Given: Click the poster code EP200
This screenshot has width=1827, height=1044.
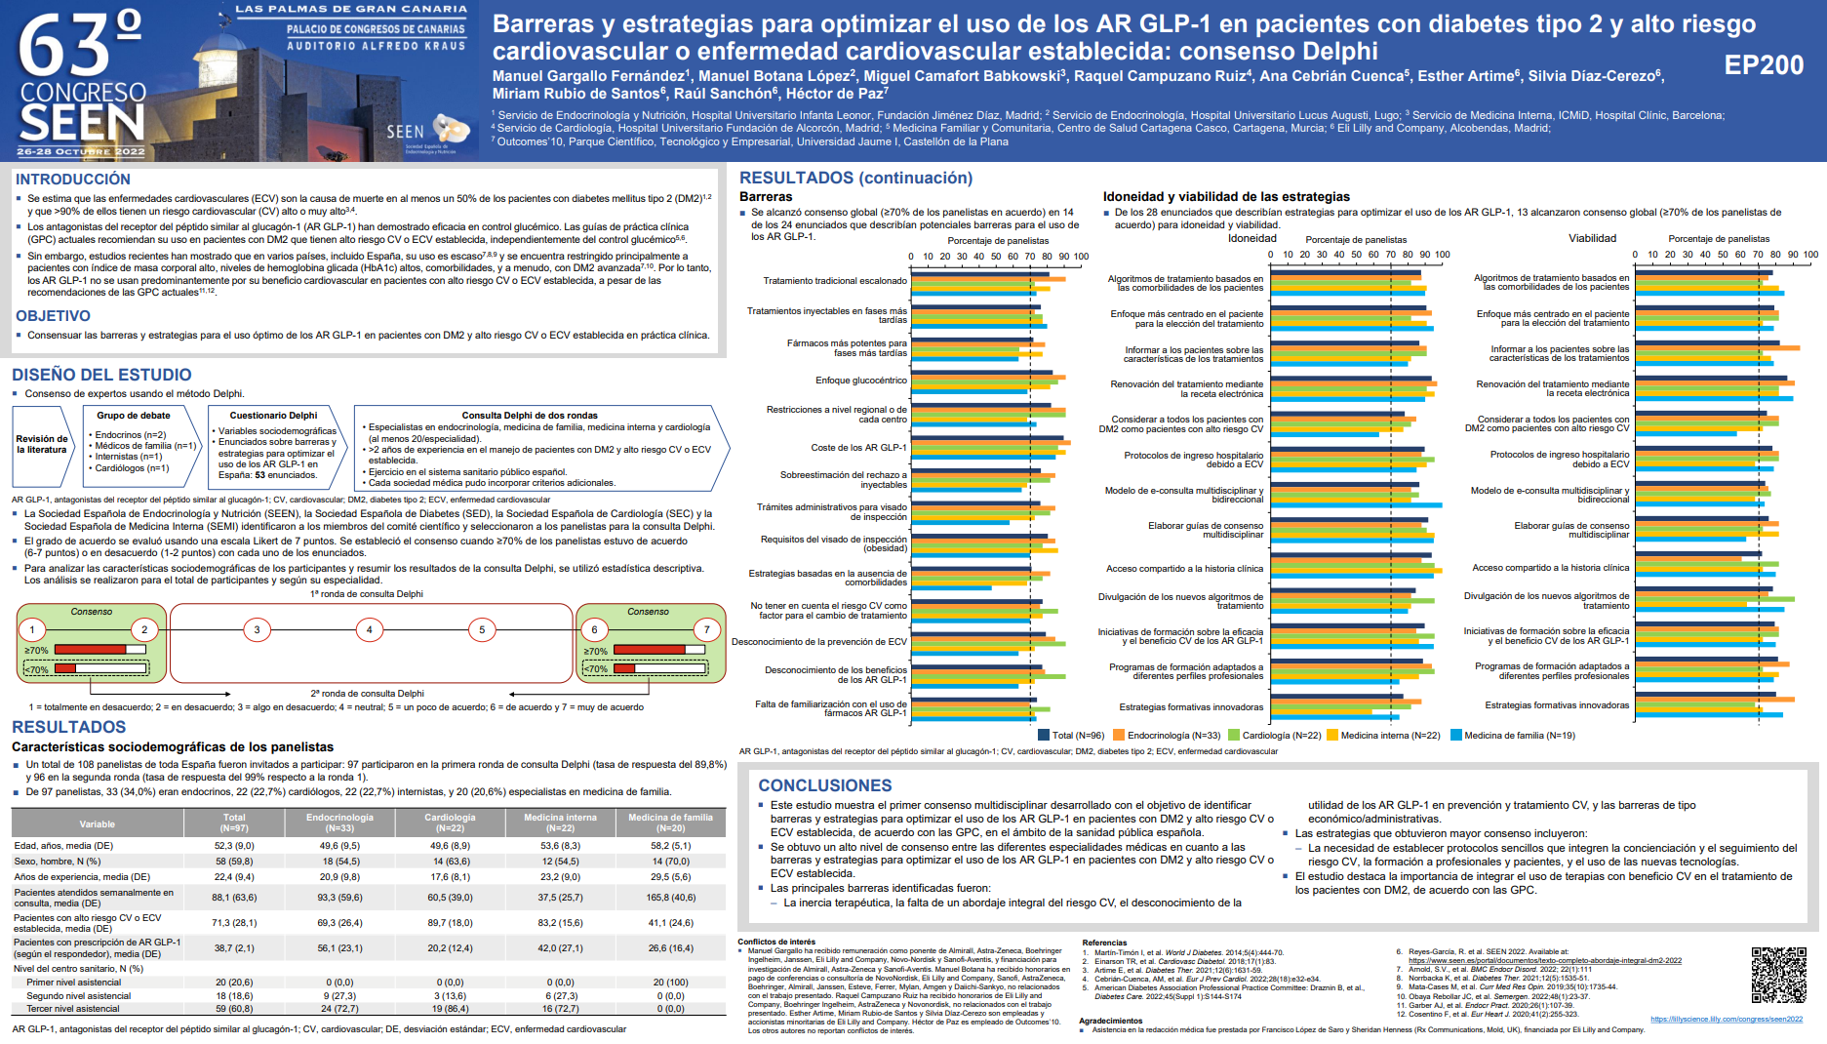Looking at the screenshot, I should coord(1764,65).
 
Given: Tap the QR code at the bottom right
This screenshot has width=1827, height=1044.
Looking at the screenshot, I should coord(1778,975).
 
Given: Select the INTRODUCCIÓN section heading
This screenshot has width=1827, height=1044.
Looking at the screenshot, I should coord(73,180).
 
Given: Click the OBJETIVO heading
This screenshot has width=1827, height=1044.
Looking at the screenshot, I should coord(53,316).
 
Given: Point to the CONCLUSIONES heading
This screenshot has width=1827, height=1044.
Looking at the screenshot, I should coord(824,785).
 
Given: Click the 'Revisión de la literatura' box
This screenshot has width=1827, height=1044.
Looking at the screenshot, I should coord(42,444).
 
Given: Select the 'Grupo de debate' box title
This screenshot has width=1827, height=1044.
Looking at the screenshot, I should coord(134,416).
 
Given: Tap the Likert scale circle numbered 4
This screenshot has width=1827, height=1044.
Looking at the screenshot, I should coord(369,630).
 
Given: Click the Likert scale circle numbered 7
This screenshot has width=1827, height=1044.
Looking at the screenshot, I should coord(706,630).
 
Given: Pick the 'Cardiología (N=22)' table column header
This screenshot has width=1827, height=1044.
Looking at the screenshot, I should coord(450,823).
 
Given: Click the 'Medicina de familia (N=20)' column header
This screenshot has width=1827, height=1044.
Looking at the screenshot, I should coord(670,823).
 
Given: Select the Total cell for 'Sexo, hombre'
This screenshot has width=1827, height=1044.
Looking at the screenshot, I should coord(234,862).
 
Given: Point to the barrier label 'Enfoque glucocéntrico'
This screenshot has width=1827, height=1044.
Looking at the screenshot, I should coord(860,381).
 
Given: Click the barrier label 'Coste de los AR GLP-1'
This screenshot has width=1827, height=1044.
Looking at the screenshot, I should coord(858,448).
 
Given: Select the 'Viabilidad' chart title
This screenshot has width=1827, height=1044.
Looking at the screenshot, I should coord(1592,238).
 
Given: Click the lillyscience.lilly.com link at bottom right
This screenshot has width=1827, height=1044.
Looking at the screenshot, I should coord(1726,1019).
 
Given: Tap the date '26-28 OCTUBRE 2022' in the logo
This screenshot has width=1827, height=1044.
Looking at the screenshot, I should coord(81,152).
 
